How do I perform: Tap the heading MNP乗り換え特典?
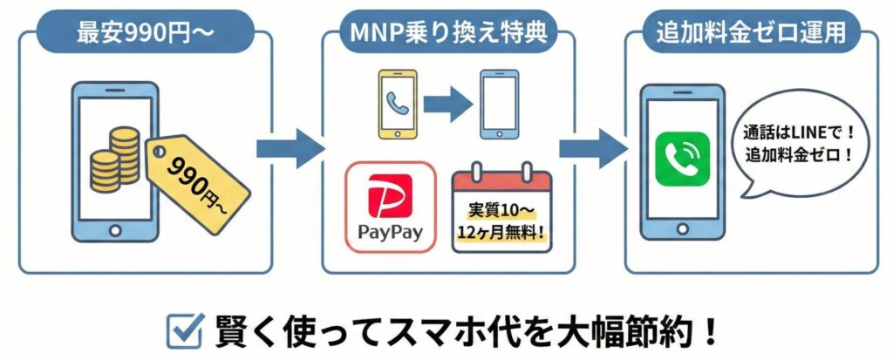448,36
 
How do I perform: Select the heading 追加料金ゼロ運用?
746,36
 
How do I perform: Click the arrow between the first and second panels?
290,148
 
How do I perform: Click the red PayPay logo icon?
390,195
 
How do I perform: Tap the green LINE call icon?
681,158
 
